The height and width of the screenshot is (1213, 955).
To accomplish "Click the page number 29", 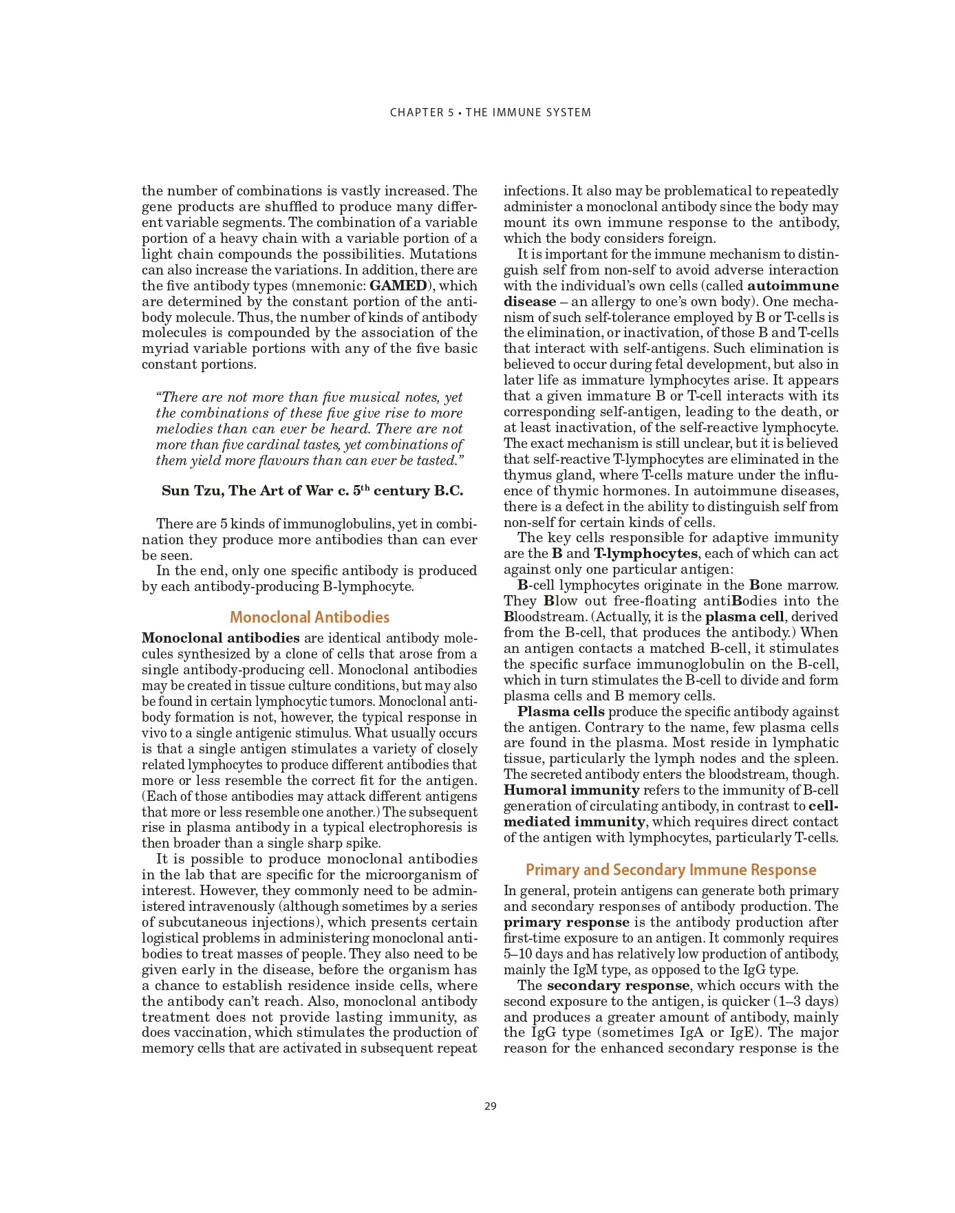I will [x=490, y=1106].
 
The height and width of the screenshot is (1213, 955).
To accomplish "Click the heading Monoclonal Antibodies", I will [x=310, y=617].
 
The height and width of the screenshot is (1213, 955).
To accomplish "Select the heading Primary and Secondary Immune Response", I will [x=671, y=870].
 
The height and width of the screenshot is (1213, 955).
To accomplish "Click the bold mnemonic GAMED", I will [x=398, y=286].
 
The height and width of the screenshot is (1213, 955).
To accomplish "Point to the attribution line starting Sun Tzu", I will [x=312, y=491].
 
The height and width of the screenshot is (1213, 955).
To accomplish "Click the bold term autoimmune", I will [x=793, y=286].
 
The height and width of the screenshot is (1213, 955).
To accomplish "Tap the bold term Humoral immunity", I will [x=571, y=790].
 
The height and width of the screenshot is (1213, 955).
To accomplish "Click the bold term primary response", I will [x=566, y=922].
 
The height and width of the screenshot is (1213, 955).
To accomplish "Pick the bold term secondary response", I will [x=617, y=985].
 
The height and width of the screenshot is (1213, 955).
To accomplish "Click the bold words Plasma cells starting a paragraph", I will [x=561, y=711].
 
